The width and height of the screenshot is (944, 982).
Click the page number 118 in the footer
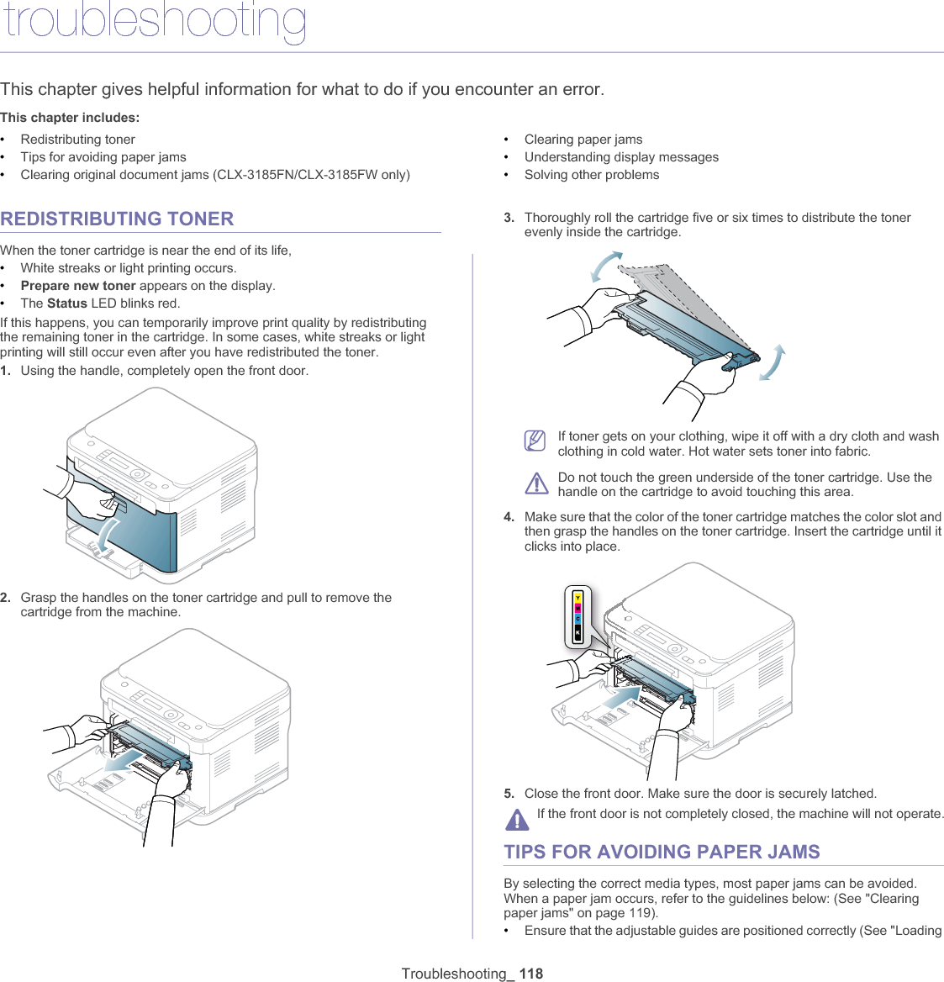[531, 974]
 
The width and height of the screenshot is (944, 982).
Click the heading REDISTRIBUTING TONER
[117, 219]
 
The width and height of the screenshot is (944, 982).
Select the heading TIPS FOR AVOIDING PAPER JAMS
[662, 853]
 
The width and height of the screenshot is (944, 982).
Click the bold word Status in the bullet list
[67, 304]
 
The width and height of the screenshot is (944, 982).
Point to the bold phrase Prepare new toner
[78, 286]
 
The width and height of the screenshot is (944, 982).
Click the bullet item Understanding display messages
[621, 157]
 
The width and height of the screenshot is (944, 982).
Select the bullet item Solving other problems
[592, 175]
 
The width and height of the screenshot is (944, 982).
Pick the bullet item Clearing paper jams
[583, 140]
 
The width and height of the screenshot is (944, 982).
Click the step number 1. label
[6, 371]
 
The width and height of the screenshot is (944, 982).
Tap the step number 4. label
[509, 517]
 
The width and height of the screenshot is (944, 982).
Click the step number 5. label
[509, 794]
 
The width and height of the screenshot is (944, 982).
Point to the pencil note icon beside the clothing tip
[535, 440]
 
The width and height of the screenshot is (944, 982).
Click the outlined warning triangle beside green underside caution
[535, 483]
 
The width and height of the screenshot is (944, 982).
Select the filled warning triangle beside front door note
[517, 818]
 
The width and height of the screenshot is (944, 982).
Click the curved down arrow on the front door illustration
[102, 537]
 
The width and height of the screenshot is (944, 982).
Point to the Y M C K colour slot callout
[577, 617]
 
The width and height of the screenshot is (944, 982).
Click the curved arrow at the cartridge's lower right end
[773, 363]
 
